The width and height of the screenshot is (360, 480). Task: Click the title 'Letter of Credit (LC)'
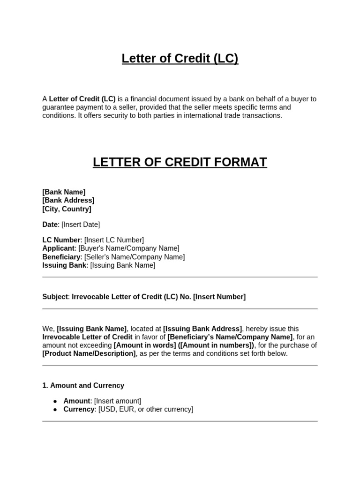[180, 59]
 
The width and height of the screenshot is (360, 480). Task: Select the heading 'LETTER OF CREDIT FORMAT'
[180, 162]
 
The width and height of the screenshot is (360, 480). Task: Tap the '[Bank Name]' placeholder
[64, 192]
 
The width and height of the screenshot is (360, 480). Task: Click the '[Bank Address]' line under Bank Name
[68, 200]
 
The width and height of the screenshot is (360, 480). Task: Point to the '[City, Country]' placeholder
[67, 209]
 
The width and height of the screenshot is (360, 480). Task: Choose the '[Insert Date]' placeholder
[81, 225]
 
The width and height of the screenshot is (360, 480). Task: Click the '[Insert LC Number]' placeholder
[114, 240]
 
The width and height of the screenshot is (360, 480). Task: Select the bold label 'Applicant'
[58, 248]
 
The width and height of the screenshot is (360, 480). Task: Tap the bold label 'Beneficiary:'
[62, 257]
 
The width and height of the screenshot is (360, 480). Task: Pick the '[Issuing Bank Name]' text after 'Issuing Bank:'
[122, 265]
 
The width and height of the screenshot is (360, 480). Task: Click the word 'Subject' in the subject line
[55, 297]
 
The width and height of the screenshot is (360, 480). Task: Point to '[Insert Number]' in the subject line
[219, 297]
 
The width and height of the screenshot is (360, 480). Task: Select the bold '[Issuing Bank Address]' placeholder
[202, 329]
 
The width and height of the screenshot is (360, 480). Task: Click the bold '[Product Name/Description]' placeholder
[89, 353]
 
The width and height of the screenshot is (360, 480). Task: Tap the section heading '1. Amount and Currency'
[83, 385]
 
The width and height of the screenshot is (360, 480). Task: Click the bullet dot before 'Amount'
[55, 401]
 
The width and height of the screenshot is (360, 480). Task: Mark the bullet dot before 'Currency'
[55, 410]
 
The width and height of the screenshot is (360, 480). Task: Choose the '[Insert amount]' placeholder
[117, 401]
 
